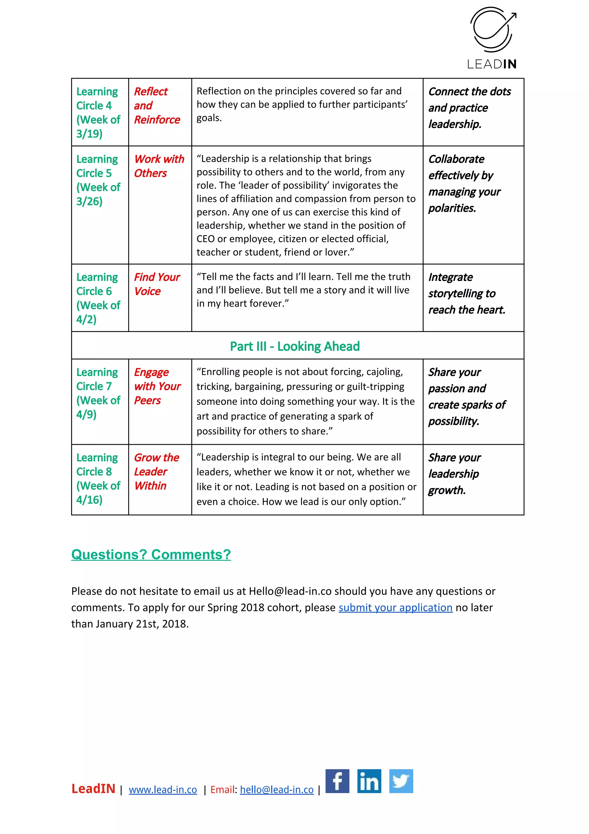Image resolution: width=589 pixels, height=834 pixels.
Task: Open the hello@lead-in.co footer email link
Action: [277, 790]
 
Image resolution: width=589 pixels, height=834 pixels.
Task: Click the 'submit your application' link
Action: [395, 607]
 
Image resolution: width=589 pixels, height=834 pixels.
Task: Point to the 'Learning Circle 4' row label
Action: [97, 98]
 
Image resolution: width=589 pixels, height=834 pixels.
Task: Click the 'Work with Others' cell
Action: [159, 166]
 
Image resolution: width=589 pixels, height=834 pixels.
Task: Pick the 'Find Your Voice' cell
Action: [157, 284]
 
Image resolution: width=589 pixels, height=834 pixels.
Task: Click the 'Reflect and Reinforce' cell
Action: [157, 105]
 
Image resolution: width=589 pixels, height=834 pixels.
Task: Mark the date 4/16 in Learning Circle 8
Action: [89, 500]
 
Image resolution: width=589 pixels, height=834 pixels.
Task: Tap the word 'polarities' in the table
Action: [452, 208]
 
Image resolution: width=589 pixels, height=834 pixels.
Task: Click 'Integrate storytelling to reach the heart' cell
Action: [466, 294]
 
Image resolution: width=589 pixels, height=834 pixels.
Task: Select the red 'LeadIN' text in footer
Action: [93, 789]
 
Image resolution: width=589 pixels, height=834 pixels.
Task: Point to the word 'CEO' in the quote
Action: [205, 239]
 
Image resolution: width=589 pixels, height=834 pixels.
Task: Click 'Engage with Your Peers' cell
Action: [157, 386]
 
